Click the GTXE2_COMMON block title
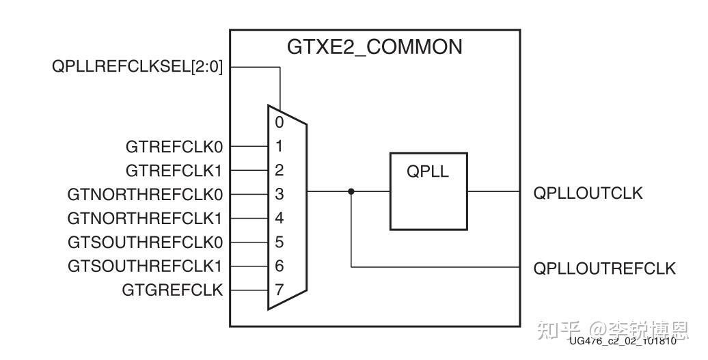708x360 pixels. [x=374, y=47]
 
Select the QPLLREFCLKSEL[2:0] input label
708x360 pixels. [x=137, y=67]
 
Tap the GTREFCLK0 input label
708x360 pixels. [x=174, y=146]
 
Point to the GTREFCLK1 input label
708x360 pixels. [x=174, y=170]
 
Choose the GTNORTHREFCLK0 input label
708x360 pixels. [x=145, y=195]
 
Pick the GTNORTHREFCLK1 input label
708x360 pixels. [x=145, y=219]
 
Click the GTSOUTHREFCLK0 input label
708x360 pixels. [x=146, y=243]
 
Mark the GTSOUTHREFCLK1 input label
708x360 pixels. [x=146, y=266]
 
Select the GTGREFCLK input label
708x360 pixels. [x=172, y=290]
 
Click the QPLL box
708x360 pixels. [x=428, y=191]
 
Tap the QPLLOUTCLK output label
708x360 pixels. [x=588, y=193]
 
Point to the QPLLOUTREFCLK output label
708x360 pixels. [x=604, y=268]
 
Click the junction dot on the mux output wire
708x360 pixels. [x=351, y=191]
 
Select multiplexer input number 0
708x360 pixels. [x=280, y=123]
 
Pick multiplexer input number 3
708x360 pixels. [x=280, y=195]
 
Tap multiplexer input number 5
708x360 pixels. [x=280, y=243]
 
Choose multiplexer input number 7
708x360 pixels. [x=280, y=290]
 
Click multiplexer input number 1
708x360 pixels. [x=280, y=146]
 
